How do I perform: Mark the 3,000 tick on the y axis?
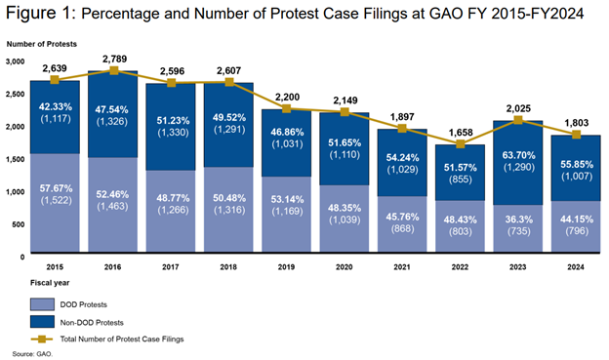[x=17, y=60]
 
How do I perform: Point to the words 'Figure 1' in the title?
[x=40, y=15]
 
